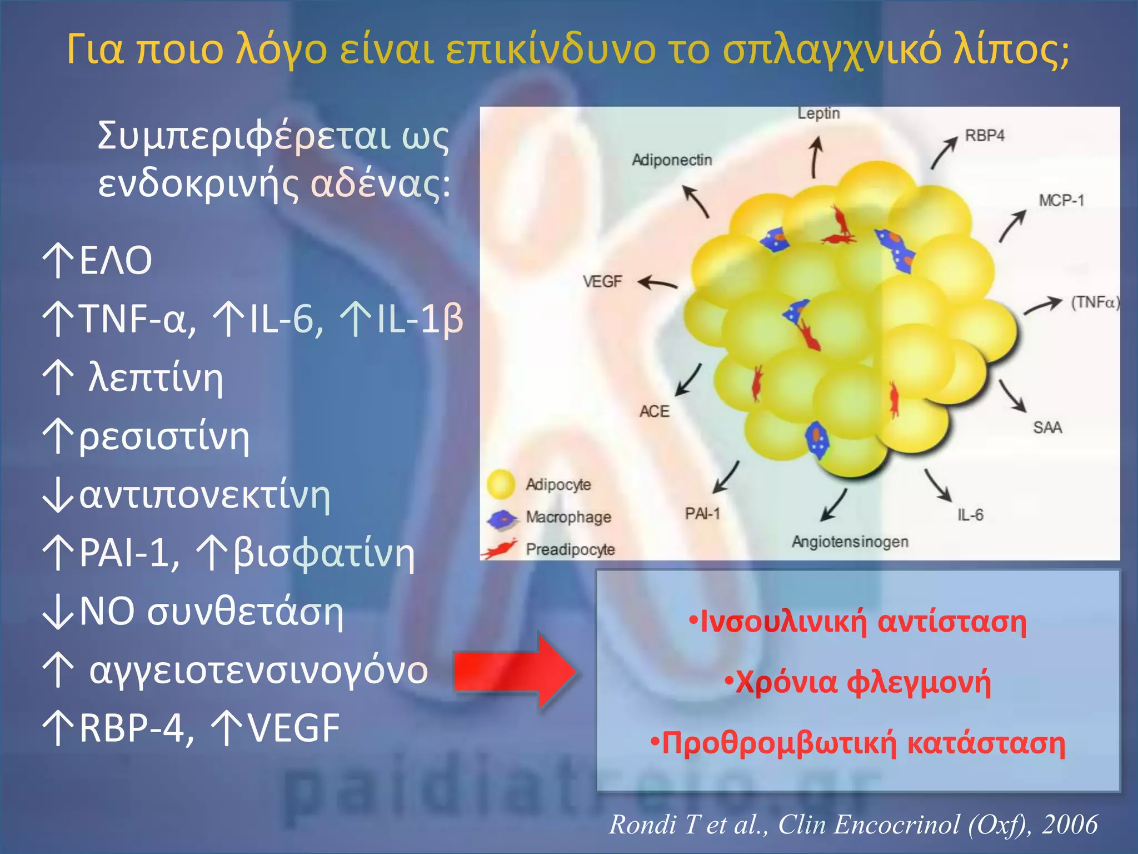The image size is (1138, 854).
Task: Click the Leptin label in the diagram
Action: [x=818, y=113]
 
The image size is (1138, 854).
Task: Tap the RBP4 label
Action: [x=985, y=136]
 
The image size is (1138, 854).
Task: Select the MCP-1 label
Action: [x=1061, y=200]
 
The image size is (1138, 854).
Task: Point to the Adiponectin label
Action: [x=672, y=160]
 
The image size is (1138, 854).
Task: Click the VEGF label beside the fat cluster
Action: [x=602, y=282]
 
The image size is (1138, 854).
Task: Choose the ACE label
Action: [x=655, y=411]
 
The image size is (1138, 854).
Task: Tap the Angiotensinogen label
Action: [x=850, y=542]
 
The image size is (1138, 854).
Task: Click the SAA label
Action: [x=1047, y=428]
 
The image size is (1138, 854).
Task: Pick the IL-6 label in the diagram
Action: [x=970, y=515]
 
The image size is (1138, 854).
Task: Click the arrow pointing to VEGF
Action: [x=658, y=283]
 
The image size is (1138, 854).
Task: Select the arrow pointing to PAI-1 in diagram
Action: [x=725, y=478]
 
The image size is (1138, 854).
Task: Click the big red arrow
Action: [x=515, y=672]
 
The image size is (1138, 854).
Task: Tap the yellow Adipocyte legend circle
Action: [x=501, y=484]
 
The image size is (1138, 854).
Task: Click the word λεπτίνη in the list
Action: [x=156, y=378]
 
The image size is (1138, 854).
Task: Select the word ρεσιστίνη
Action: [x=164, y=437]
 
